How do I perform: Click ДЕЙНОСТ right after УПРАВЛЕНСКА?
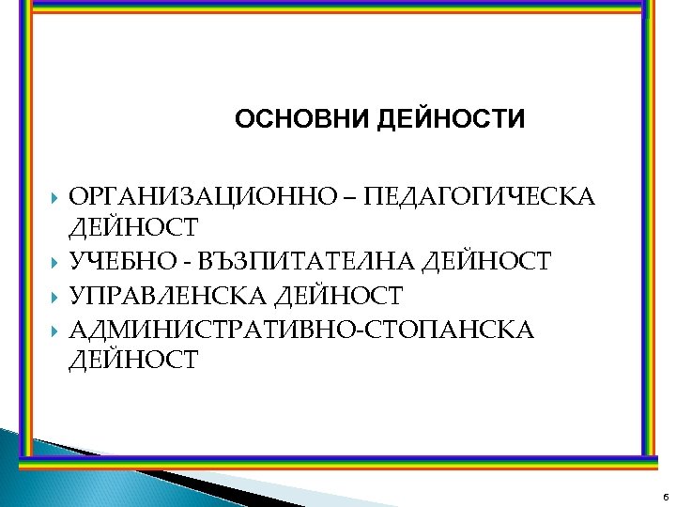click(x=339, y=296)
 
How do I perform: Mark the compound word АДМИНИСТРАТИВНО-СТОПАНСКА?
click(x=302, y=330)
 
